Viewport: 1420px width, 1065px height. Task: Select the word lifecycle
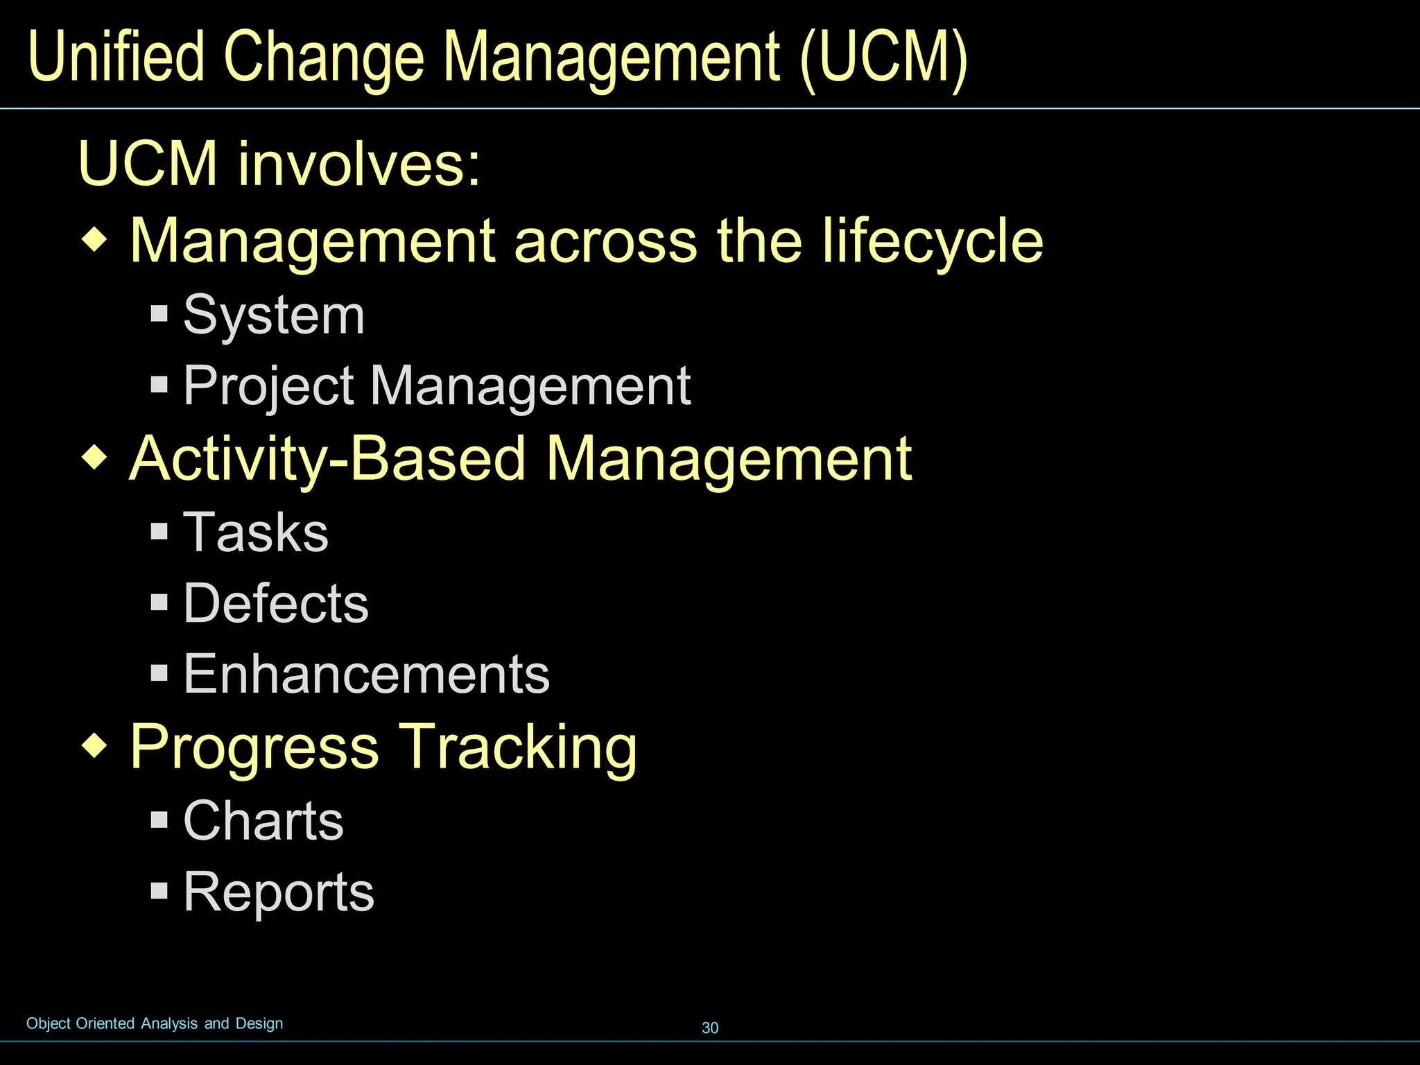[933, 241]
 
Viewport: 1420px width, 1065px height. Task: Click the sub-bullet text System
[274, 316]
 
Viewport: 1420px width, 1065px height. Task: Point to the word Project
[269, 387]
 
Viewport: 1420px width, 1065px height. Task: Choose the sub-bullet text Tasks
[256, 532]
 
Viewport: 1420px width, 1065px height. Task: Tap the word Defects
[276, 603]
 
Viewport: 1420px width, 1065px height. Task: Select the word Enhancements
[366, 674]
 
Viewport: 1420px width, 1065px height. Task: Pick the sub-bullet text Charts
[263, 821]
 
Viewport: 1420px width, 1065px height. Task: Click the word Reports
[279, 892]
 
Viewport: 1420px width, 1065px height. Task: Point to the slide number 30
[710, 1028]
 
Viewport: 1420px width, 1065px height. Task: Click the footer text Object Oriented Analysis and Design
[155, 1023]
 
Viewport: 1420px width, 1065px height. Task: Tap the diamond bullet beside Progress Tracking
[95, 746]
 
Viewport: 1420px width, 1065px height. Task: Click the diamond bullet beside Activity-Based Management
[95, 458]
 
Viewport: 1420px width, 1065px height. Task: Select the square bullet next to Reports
[159, 890]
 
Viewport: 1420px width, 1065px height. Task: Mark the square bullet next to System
[159, 313]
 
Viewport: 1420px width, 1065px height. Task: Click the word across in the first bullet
[605, 241]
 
